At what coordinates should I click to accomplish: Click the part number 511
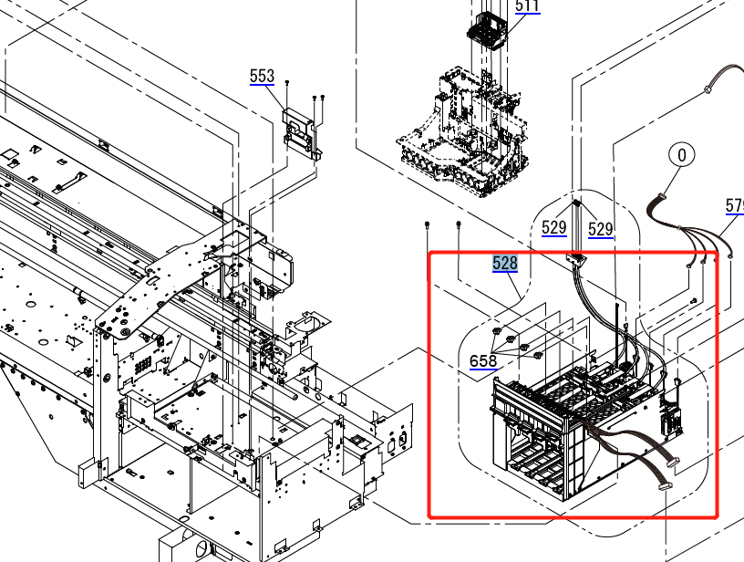527,6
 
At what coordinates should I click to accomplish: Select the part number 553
262,76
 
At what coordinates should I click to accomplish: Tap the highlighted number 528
505,264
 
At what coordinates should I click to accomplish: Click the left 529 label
554,228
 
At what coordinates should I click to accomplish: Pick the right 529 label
600,228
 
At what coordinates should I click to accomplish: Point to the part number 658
483,361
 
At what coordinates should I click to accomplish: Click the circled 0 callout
681,156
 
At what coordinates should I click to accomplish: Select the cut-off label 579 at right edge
735,207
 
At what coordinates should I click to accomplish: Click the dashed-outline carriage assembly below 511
465,137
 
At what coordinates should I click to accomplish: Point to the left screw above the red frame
428,223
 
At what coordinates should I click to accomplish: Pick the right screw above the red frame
459,223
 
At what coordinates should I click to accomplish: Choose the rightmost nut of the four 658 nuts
538,352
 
